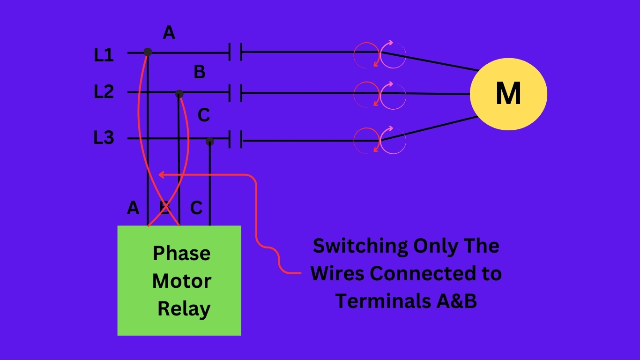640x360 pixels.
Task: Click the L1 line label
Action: click(104, 55)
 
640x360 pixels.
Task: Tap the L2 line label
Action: click(104, 91)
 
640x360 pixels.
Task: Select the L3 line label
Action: click(104, 138)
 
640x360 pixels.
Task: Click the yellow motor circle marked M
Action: click(508, 94)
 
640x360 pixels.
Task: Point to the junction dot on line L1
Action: click(148, 52)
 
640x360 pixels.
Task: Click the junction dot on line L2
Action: click(179, 94)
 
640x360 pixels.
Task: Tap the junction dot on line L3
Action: click(209, 141)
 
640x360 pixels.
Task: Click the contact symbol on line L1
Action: click(235, 52)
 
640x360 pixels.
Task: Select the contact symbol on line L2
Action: click(235, 93)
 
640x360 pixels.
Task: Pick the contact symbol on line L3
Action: click(235, 140)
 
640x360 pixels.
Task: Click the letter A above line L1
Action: click(169, 33)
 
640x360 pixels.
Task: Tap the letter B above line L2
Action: click(200, 73)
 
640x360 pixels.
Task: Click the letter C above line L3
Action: click(204, 115)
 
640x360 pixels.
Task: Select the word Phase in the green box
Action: click(181, 253)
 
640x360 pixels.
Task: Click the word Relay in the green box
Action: click(184, 309)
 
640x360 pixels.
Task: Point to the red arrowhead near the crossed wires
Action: click(161, 175)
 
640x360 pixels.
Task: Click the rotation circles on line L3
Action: click(380, 140)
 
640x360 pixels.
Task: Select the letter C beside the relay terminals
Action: click(196, 208)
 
